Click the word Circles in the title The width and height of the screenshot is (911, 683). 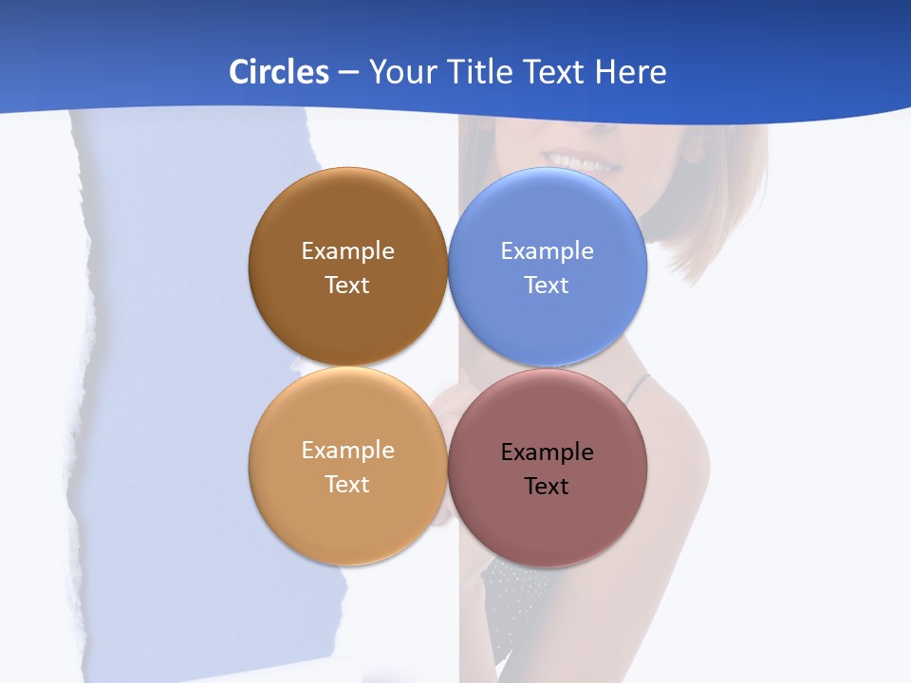click(279, 72)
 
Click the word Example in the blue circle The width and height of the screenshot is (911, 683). click(548, 250)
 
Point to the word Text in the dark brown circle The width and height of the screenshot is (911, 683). click(347, 285)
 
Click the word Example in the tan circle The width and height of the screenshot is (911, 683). click(347, 450)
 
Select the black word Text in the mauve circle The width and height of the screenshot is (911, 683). click(547, 486)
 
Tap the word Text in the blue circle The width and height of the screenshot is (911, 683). click(547, 285)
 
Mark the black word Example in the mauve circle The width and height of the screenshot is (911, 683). click(548, 452)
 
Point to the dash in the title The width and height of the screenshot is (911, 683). click(348, 72)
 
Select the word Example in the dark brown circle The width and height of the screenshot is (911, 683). click(347, 250)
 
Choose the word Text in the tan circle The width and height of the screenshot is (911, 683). click(347, 484)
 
